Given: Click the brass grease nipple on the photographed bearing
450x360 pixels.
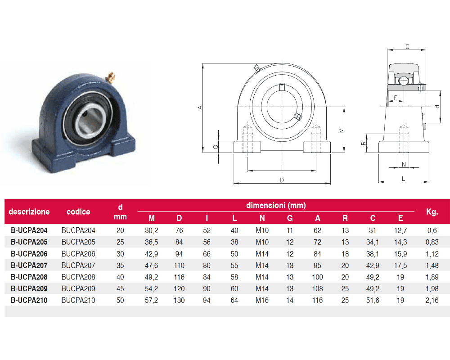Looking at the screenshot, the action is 111,76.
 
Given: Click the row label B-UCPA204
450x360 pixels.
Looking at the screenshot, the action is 29,230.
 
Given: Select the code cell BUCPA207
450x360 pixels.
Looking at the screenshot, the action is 78,265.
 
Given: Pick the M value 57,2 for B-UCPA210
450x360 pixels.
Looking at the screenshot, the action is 151,300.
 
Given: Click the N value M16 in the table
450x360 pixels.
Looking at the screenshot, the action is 262,300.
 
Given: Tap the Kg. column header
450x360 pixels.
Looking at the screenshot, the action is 432,212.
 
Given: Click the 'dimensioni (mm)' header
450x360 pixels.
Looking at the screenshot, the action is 276,205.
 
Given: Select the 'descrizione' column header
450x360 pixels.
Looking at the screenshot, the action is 29,212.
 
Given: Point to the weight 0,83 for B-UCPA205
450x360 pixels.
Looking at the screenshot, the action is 432,242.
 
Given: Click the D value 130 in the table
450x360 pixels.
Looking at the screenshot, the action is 179,300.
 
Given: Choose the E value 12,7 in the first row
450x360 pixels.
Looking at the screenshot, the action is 400,230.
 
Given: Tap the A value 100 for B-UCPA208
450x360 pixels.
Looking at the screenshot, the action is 317,277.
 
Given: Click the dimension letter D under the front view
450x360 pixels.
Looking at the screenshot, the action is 282,180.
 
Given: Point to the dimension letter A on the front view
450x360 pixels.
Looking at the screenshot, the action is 200,108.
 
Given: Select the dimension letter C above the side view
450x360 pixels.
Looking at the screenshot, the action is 407,46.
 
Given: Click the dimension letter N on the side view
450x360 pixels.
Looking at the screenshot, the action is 404,165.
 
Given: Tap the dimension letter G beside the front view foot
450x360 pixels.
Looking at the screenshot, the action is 216,147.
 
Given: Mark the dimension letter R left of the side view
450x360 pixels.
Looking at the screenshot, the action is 363,143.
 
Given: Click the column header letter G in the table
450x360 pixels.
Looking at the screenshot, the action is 289,218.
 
